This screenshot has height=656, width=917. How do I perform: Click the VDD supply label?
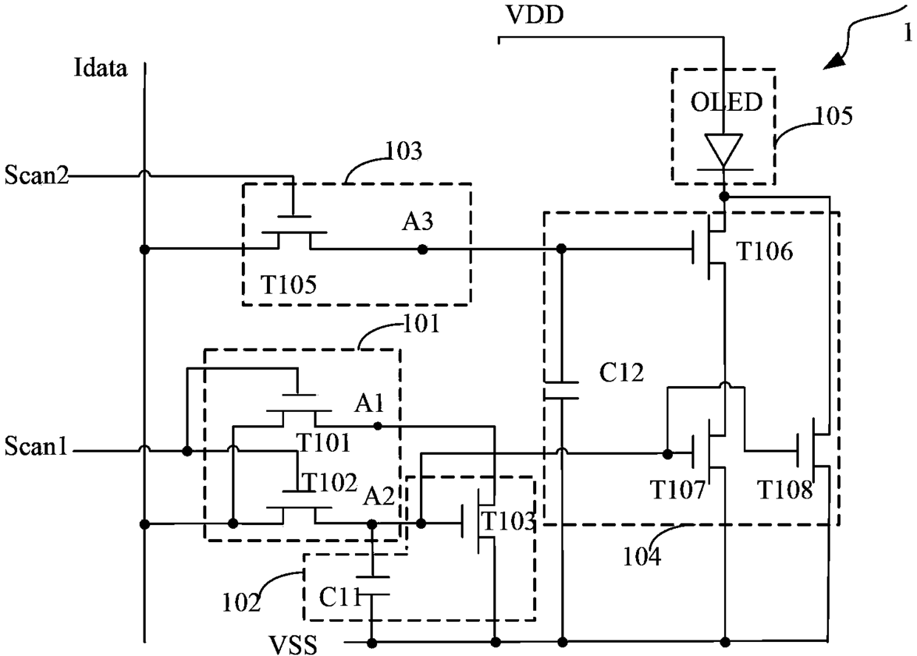pos(535,15)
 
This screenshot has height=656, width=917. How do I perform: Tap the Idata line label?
pos(101,67)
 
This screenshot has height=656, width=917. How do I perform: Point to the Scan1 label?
pos(35,446)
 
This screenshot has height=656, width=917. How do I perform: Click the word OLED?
pos(727,102)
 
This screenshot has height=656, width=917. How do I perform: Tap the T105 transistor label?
pos(288,284)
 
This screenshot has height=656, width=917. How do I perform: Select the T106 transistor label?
pos(765,251)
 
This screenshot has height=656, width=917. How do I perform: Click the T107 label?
pos(678,490)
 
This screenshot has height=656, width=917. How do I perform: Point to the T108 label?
pos(785,490)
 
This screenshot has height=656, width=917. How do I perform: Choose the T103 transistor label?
pos(508,521)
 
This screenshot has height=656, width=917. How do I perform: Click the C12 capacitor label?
pos(621,373)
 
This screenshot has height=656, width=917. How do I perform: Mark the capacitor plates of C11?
pos(372,585)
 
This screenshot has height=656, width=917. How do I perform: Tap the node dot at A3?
pos(422,249)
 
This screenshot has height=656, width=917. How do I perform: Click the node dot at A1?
pos(378,426)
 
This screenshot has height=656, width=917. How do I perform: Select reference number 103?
pos(404,151)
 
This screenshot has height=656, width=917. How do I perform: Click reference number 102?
pos(241,603)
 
